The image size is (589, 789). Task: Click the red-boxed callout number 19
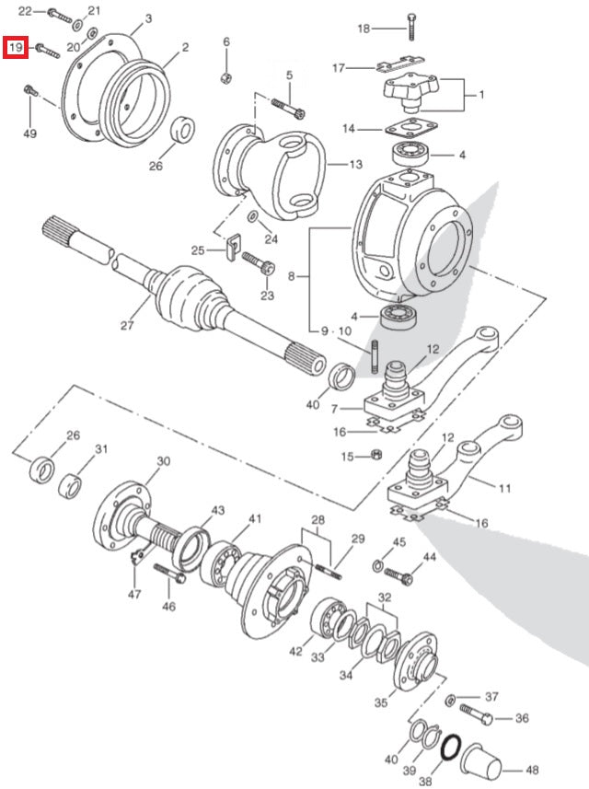(x=16, y=47)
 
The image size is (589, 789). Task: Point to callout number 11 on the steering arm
(x=503, y=488)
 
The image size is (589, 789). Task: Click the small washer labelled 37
(x=449, y=701)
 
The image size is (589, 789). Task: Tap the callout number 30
(x=163, y=461)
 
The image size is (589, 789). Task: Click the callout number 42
(x=294, y=652)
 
